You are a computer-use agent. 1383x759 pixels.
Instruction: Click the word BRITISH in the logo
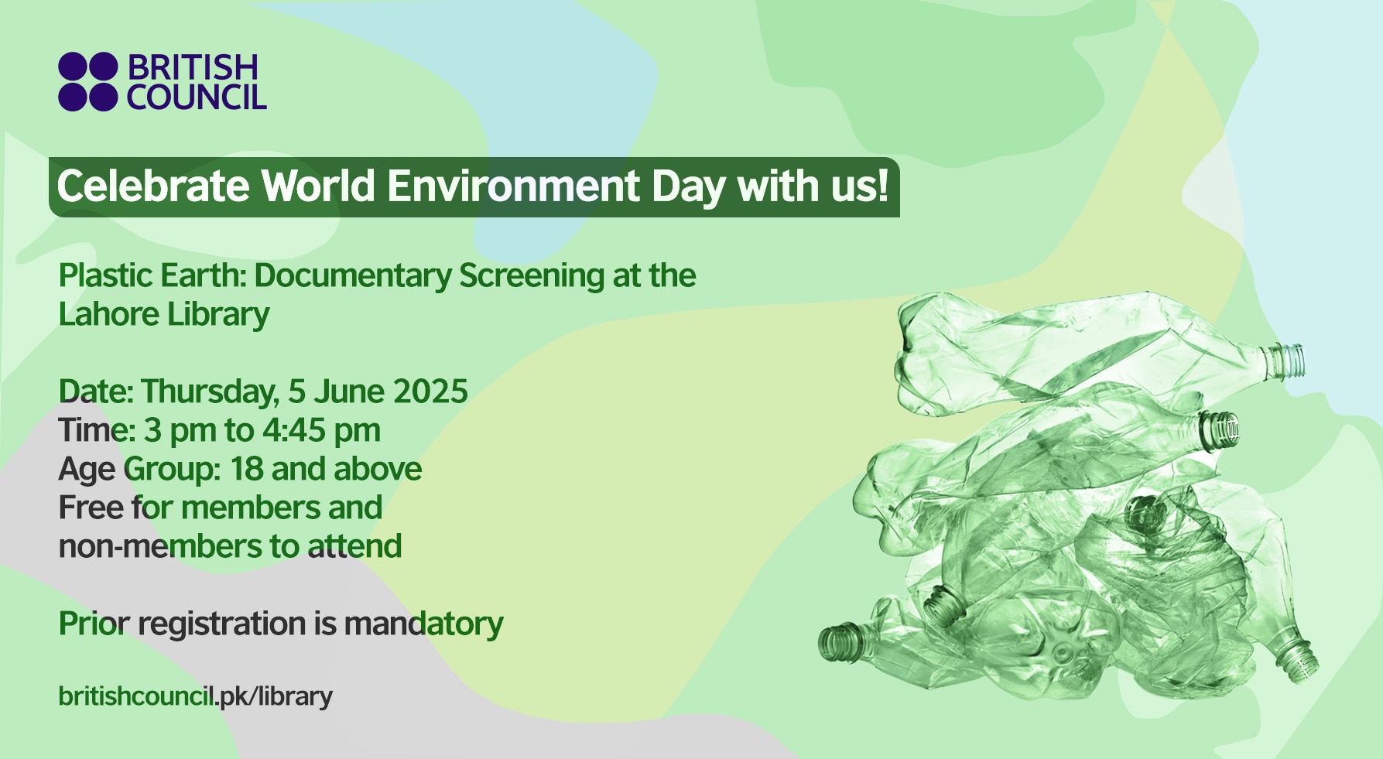192,67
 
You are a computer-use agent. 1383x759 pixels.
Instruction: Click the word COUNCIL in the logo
197,98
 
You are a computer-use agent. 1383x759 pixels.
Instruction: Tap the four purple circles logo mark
87,82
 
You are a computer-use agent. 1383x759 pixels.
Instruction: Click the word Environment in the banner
513,186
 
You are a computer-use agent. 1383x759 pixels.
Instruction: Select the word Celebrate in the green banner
152,186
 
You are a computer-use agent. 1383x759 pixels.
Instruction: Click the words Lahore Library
164,314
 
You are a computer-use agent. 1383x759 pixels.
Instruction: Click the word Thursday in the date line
208,391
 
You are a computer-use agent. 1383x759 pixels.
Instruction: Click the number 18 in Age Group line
247,469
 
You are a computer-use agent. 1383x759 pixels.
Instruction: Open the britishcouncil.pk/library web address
195,696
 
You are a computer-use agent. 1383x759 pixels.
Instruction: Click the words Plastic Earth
151,275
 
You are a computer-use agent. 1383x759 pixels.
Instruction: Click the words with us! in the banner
813,186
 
